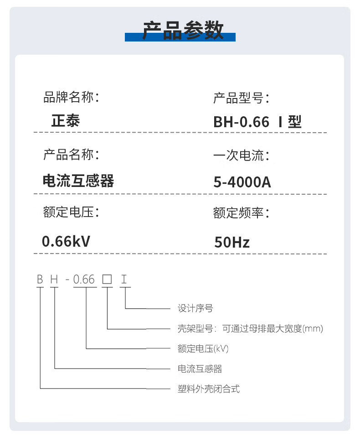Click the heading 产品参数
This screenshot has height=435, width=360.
pos(183,30)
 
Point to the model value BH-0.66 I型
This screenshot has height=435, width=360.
pos(257,122)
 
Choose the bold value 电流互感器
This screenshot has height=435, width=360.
pos(78,181)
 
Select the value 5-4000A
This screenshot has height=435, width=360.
pos(242,182)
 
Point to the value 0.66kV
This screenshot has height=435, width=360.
pos(66,241)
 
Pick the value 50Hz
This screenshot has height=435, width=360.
pos(232,242)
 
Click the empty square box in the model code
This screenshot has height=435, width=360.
pos(107,279)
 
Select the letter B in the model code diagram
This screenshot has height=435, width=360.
pos(40,279)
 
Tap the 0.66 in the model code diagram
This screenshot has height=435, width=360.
pos(84,279)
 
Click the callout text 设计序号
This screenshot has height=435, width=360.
pos(195,309)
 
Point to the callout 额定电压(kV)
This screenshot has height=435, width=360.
pos(203,349)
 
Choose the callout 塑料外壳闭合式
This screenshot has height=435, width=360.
pos(208,389)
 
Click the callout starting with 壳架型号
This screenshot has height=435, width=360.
pos(250,329)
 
